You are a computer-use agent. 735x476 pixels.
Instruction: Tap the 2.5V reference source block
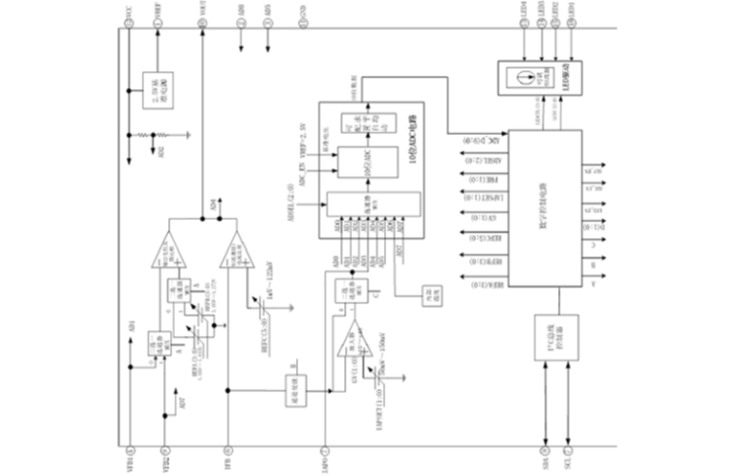pos(151,86)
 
